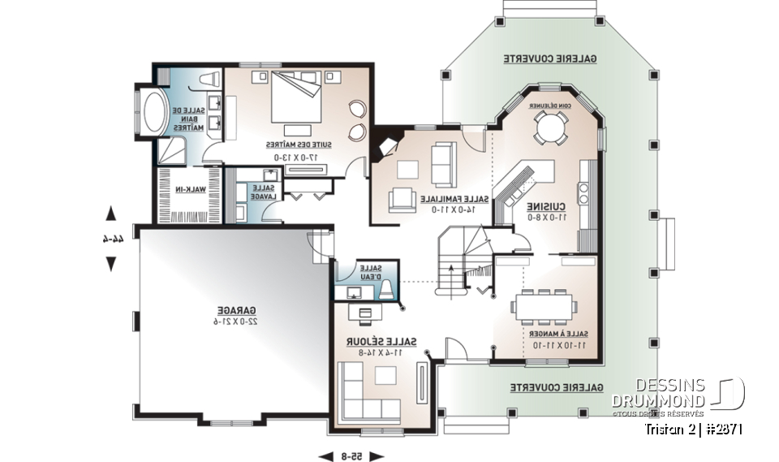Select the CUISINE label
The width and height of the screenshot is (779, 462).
coord(540,207)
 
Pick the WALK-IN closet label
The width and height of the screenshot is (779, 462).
coord(190,188)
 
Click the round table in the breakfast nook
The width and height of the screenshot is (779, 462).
coord(551,127)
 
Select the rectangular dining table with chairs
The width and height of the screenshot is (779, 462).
coord(544,308)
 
